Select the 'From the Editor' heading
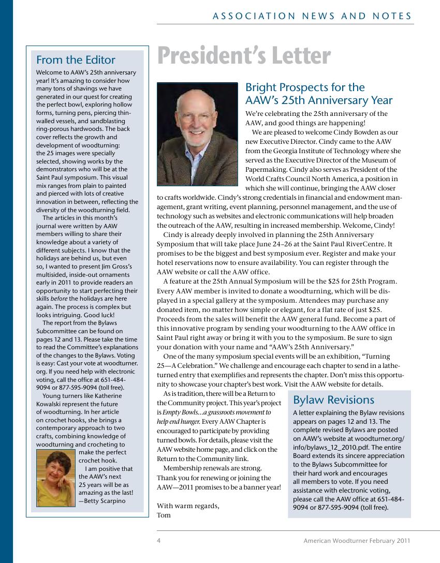[x=76, y=60]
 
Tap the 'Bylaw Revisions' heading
[x=333, y=400]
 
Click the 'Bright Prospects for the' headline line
[x=305, y=87]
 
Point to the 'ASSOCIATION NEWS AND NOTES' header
[x=312, y=17]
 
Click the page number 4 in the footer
[x=159, y=541]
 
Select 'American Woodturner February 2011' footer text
[x=357, y=541]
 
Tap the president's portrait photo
[x=197, y=134]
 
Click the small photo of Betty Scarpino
[x=56, y=478]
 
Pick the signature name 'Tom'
[x=164, y=515]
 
